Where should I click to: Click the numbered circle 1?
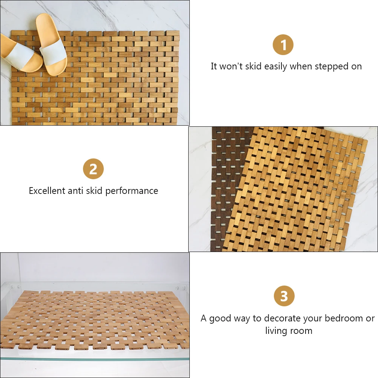[x=283, y=46]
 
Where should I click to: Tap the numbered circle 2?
[x=93, y=169]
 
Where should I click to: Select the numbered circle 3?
[x=284, y=296]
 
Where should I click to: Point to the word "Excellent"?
[x=47, y=191]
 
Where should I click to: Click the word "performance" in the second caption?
[x=132, y=191]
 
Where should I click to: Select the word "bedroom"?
[x=340, y=318]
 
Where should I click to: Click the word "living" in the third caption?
[x=277, y=331]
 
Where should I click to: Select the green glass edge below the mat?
[x=94, y=359]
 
